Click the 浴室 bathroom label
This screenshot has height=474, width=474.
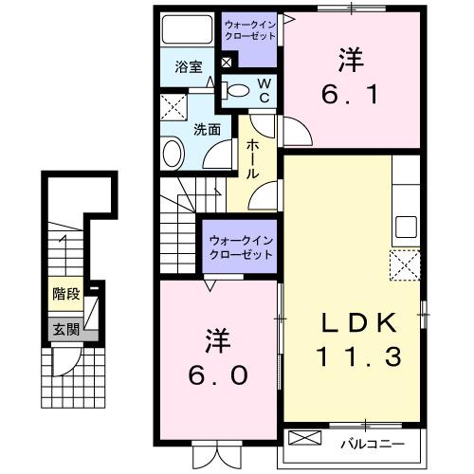tap(189, 67)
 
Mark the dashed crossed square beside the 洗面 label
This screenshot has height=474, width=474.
tap(173, 107)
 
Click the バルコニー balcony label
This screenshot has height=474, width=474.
tap(371, 443)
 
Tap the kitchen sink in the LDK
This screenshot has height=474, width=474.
tap(407, 228)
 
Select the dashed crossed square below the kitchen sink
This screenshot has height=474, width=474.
tap(407, 264)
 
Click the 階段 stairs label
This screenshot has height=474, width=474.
tap(66, 293)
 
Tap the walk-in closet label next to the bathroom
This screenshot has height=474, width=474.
tap(250, 29)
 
